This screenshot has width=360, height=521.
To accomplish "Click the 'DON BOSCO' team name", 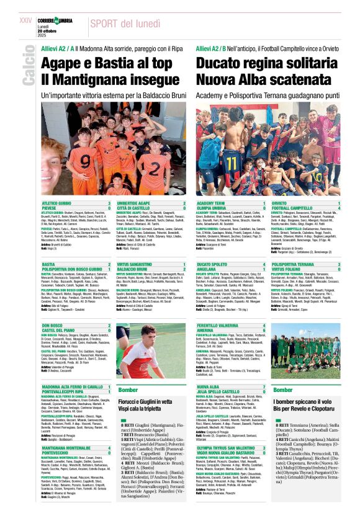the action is tap(53, 325).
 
